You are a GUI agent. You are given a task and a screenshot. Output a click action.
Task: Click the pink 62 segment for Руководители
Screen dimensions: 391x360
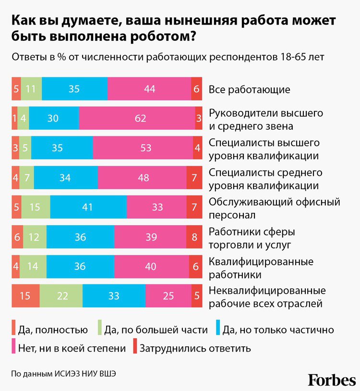[x=140, y=119]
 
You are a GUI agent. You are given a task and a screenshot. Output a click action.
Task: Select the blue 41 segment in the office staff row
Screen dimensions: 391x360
[x=88, y=208]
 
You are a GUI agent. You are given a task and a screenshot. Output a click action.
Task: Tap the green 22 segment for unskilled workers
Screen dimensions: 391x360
[x=61, y=296]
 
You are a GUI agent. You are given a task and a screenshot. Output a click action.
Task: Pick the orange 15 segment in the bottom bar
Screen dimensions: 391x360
[x=25, y=296]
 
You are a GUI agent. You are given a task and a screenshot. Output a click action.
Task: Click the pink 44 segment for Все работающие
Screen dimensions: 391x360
[x=149, y=89]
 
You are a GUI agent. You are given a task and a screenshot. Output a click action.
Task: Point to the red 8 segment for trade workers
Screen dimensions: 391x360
[x=194, y=237]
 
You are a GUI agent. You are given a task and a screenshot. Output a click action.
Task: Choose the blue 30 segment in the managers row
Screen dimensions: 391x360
[x=54, y=119]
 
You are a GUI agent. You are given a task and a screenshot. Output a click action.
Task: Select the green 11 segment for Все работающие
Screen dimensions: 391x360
[x=31, y=89]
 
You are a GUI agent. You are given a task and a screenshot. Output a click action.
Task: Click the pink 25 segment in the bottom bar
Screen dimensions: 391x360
[x=168, y=296]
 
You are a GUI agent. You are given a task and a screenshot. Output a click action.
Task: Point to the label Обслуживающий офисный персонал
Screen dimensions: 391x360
[x=274, y=208]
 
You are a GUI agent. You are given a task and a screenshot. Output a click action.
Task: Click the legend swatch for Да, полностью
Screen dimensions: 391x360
[x=14, y=329]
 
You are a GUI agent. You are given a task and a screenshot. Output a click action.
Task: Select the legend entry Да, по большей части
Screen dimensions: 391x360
[x=153, y=330]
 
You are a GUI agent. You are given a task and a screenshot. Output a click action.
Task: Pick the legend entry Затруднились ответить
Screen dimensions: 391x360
[x=195, y=347]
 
